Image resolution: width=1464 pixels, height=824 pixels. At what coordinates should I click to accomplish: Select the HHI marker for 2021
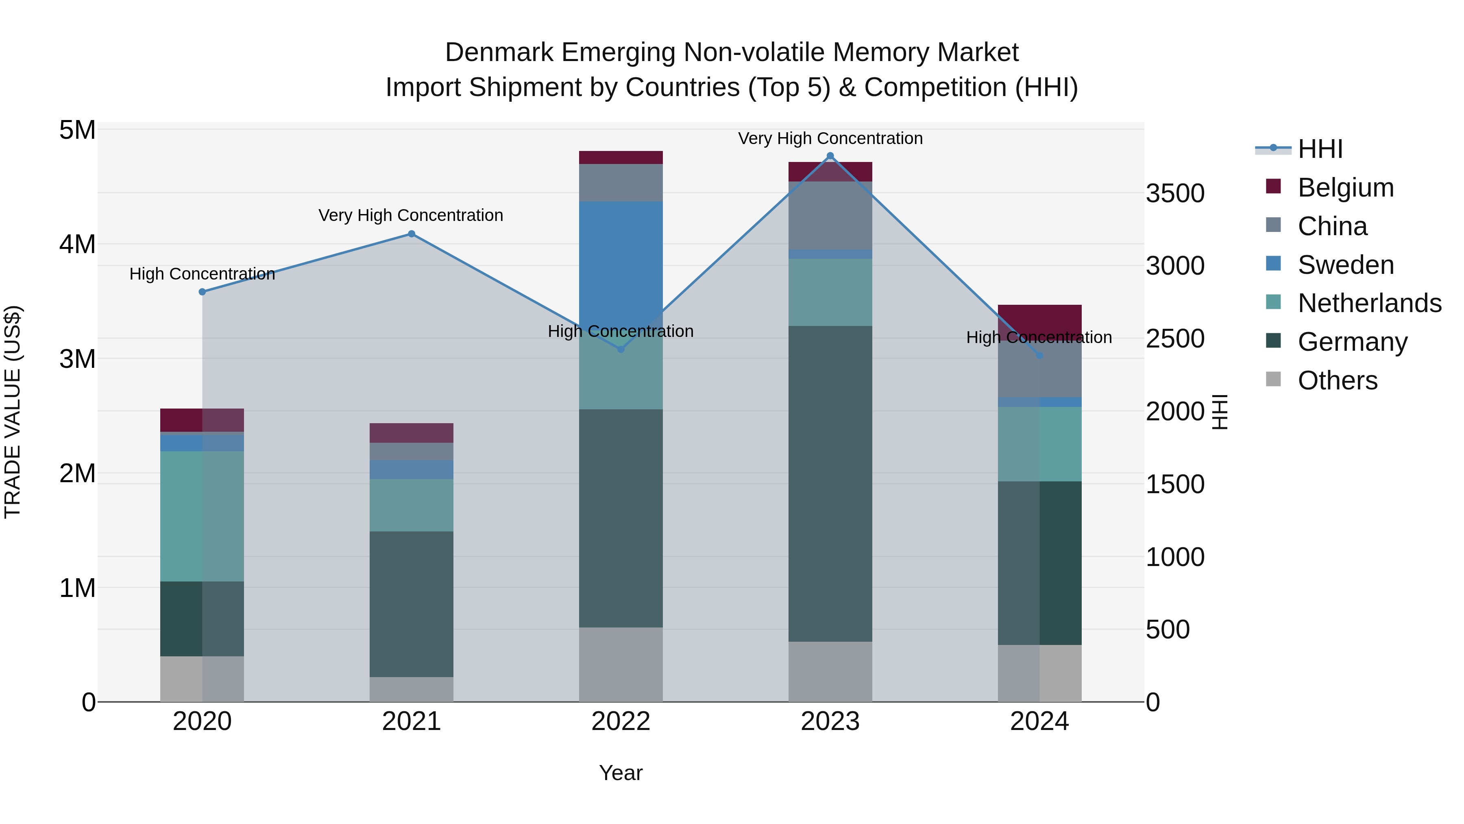pos(412,234)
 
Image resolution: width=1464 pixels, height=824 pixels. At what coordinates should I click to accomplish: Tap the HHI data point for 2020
pos(203,292)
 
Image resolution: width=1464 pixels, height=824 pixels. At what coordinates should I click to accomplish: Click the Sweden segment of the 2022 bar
pos(621,262)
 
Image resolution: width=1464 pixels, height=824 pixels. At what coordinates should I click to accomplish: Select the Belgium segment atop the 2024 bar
pos(1039,319)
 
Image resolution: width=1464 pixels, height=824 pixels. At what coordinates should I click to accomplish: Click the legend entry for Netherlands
pos(1369,303)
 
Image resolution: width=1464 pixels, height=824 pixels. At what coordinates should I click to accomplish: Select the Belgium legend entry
pos(1345,188)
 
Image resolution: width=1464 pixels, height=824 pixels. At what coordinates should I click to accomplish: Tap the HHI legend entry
pos(1320,149)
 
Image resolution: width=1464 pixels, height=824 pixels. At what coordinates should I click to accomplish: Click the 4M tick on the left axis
pos(77,245)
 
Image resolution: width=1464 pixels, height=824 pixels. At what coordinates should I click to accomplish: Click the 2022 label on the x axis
pos(621,721)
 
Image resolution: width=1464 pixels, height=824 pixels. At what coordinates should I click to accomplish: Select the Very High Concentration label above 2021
pos(410,216)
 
